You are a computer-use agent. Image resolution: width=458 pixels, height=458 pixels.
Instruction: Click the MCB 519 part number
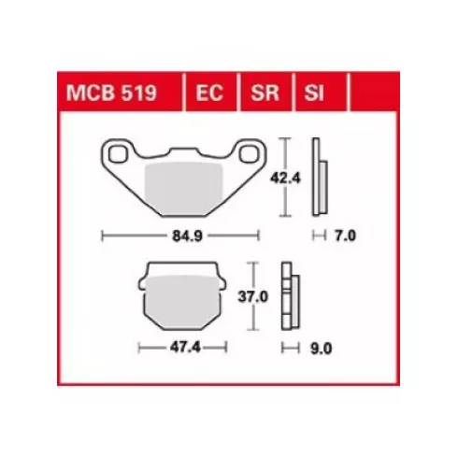[111, 93]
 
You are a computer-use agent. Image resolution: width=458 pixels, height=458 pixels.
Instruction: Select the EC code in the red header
[209, 93]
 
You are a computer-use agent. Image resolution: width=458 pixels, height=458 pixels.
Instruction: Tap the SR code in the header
[265, 93]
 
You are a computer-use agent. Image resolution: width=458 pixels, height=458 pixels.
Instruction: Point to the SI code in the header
[314, 93]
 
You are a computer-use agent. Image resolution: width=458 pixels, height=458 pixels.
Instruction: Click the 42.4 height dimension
[285, 179]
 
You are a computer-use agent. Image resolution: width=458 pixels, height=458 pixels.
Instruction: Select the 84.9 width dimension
[187, 236]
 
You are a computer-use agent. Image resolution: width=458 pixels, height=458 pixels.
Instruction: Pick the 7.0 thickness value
[345, 236]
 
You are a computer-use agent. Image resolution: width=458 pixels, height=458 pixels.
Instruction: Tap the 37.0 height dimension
[253, 296]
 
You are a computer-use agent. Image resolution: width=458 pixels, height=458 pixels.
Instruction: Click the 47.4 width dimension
[185, 347]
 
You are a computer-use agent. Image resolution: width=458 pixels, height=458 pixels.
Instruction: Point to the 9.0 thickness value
[322, 349]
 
